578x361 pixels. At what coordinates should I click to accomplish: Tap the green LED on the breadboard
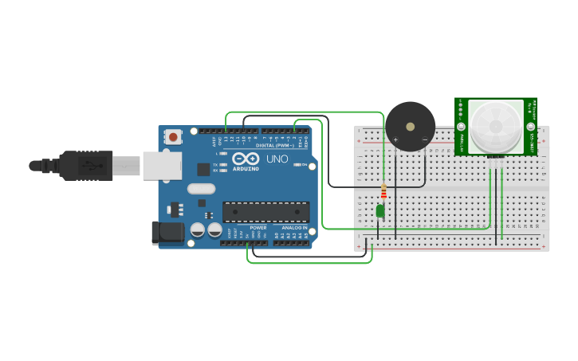[380, 210]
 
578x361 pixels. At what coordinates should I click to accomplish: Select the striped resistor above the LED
[383, 192]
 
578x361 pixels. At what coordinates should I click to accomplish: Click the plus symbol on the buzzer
[395, 140]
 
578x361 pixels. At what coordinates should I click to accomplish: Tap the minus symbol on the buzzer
[424, 140]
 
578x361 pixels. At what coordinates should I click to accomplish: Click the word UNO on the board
[277, 159]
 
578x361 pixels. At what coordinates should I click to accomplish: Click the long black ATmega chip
[266, 211]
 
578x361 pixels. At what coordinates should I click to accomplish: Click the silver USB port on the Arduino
[162, 166]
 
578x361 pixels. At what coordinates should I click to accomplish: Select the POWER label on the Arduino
[258, 227]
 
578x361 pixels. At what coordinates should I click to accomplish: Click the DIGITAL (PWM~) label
[274, 145]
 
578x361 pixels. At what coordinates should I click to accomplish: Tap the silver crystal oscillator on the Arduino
[201, 189]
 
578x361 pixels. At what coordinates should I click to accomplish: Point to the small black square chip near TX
[203, 169]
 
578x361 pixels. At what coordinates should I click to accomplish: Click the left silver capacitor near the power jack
[198, 230]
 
